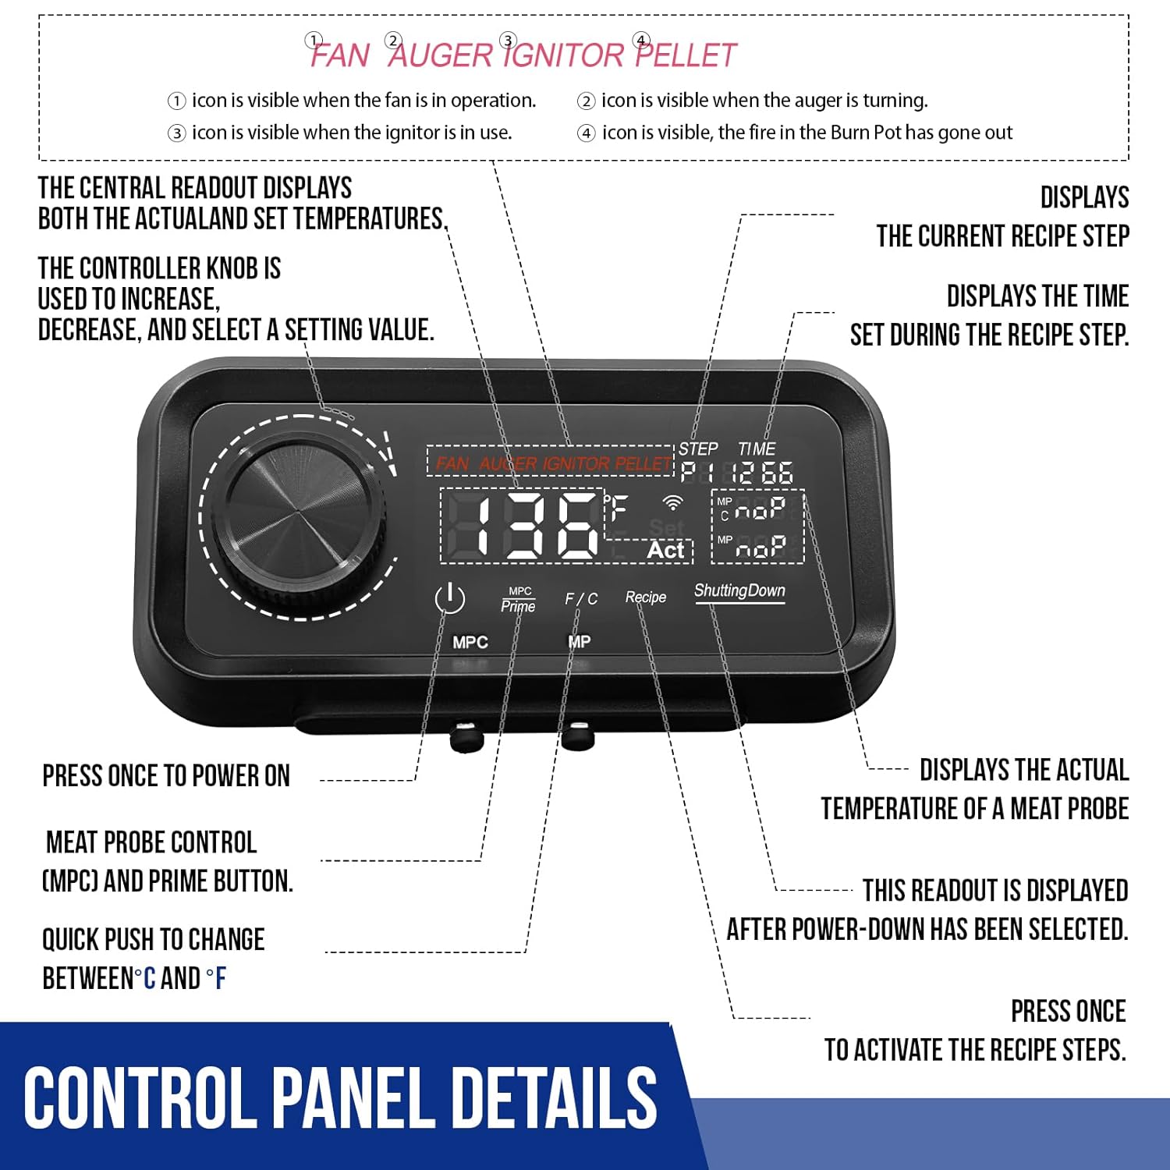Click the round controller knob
click(299, 516)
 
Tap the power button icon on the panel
click(449, 599)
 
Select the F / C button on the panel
click(581, 598)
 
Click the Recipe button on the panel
click(646, 597)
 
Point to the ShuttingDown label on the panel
click(739, 590)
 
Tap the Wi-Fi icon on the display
click(672, 502)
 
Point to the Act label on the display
click(665, 550)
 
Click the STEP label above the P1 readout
click(697, 448)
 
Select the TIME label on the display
click(757, 448)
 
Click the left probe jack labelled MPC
click(466, 736)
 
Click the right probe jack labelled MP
click(578, 735)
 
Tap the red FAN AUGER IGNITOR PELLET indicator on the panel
click(552, 463)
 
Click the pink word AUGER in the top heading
click(441, 55)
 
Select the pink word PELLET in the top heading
click(686, 55)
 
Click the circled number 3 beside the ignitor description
click(177, 133)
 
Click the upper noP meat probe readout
click(760, 509)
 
